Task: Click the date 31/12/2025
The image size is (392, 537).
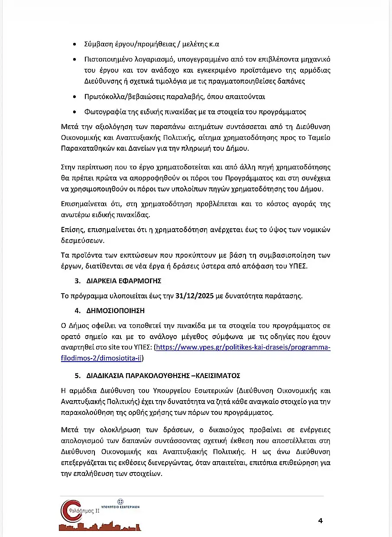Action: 194,296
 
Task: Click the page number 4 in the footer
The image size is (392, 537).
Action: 320,521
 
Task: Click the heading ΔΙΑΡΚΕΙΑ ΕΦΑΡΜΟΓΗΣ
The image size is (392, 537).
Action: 124,281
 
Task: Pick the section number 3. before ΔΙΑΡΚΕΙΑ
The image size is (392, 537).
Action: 77,281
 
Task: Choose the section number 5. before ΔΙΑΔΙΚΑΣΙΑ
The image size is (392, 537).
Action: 77,375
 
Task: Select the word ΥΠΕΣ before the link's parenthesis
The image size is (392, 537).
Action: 142,347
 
